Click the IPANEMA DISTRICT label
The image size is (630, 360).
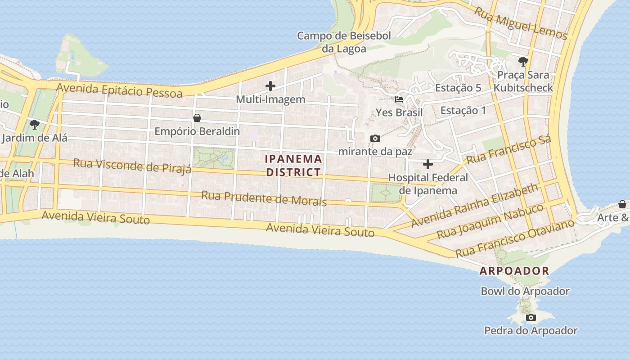pyautogui.click(x=294, y=165)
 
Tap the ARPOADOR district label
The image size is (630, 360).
pyautogui.click(x=514, y=271)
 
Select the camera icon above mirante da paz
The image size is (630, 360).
pyautogui.click(x=375, y=138)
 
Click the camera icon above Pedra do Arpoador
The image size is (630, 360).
pyautogui.click(x=531, y=318)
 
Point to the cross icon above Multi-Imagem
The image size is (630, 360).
pyautogui.click(x=270, y=85)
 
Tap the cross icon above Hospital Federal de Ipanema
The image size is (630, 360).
pyautogui.click(x=428, y=164)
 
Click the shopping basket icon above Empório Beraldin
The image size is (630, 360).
pyautogui.click(x=197, y=118)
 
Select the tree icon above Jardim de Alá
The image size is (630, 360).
pyautogui.click(x=34, y=124)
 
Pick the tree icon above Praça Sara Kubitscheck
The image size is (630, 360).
pyautogui.click(x=523, y=62)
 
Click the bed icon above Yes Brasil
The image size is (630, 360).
pyautogui.click(x=399, y=99)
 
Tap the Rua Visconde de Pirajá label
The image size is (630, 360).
pyautogui.click(x=132, y=166)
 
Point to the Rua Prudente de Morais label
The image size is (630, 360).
pyautogui.click(x=264, y=198)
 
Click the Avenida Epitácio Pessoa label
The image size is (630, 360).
pyautogui.click(x=120, y=90)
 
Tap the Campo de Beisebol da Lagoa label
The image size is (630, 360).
pyautogui.click(x=344, y=42)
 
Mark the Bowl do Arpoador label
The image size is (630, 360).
pyautogui.click(x=525, y=291)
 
